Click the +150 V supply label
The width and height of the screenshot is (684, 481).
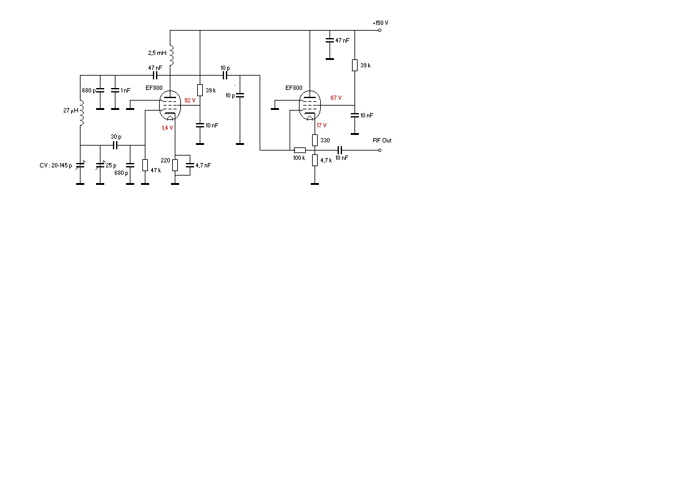point(381,22)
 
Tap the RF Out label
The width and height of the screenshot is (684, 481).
point(382,140)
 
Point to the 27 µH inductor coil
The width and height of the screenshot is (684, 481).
point(82,112)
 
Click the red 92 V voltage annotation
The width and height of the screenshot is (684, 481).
point(190,101)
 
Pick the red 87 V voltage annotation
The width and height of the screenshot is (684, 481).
point(336,98)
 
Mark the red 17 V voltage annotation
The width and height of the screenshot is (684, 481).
point(321,126)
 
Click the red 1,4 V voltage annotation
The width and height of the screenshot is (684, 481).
point(167,128)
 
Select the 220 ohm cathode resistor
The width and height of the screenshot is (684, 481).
point(175,165)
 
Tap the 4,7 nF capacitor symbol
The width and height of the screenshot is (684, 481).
point(190,166)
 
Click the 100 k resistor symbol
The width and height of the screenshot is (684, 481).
point(300,150)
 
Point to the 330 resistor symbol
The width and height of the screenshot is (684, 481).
point(315,140)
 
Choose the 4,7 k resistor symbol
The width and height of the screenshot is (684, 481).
point(315,160)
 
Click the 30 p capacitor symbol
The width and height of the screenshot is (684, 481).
point(115,145)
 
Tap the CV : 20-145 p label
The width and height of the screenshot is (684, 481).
point(56,166)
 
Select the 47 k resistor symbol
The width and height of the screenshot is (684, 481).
point(145,165)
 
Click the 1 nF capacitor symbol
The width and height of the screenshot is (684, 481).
point(115,91)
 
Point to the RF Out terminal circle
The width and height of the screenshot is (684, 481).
point(379,150)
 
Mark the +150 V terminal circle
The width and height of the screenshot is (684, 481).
point(379,30)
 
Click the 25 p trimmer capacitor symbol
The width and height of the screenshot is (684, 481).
point(100,166)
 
